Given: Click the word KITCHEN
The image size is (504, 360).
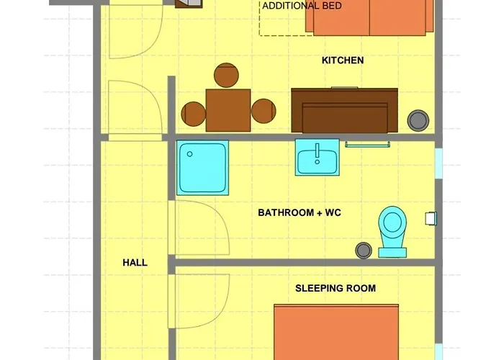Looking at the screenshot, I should (342, 60).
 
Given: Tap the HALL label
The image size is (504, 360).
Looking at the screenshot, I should (135, 263).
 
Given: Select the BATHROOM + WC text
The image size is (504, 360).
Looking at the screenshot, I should (296, 213).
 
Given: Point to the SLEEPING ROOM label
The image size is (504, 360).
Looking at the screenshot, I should (335, 289).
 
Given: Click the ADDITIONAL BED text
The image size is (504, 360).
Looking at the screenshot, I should (302, 6).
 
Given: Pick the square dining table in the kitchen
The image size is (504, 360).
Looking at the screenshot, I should (228, 110).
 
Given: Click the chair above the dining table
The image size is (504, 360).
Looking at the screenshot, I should (228, 76).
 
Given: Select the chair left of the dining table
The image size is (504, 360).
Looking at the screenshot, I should (193, 112).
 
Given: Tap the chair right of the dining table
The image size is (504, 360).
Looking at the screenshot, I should (263, 111).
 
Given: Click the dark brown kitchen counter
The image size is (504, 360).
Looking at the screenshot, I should (344, 110).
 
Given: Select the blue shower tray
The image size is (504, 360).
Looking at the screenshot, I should (203, 167).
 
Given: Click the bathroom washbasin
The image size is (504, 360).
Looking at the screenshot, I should (318, 158).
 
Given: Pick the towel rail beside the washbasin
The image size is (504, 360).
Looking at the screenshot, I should (368, 145).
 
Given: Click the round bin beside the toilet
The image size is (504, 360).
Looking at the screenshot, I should (364, 250).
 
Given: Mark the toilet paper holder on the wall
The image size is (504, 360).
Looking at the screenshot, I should (431, 217).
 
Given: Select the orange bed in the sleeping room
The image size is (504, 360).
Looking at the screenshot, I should (336, 332).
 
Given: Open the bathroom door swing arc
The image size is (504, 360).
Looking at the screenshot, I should (202, 227).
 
